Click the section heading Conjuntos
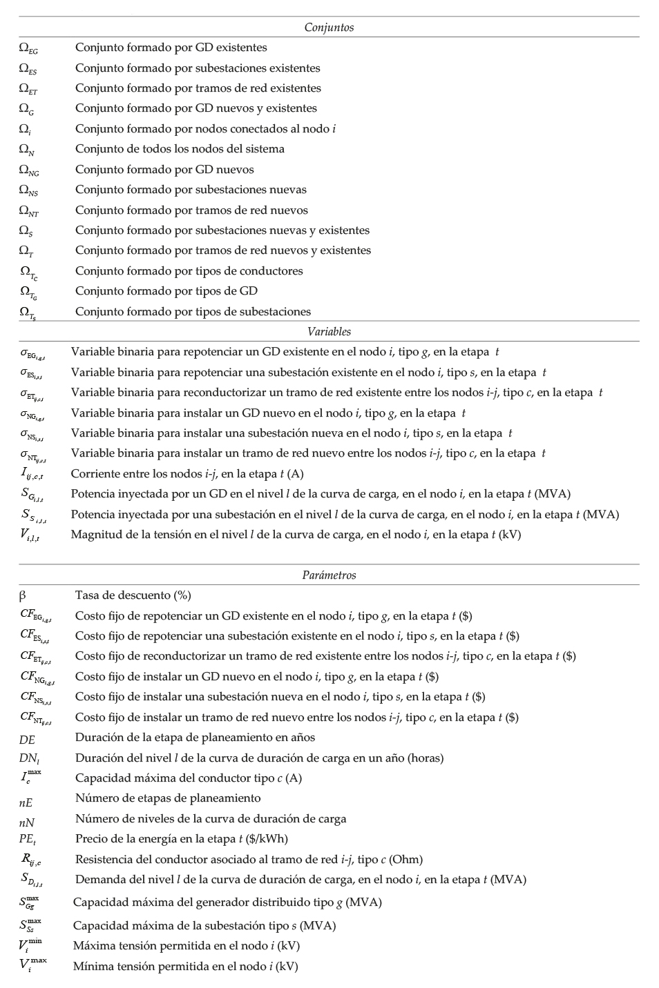tap(329, 28)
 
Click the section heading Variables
tap(329, 332)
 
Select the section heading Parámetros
tap(329, 575)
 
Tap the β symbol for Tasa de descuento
tap(23, 595)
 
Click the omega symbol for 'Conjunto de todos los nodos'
tap(26, 150)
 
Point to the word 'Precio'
tap(92, 839)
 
